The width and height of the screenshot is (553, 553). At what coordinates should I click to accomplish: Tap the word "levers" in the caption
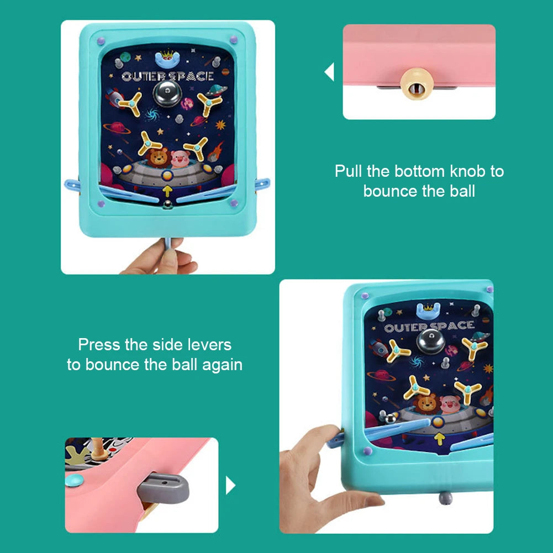[x=209, y=345]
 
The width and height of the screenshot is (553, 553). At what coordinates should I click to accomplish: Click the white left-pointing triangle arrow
[x=329, y=72]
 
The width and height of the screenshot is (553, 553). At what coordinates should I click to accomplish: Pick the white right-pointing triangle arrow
[x=230, y=485]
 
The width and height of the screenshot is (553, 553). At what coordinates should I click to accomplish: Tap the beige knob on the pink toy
[x=417, y=84]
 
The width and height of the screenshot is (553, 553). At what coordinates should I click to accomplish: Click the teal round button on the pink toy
[x=75, y=480]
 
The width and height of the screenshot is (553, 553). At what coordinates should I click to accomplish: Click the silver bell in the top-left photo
[x=167, y=93]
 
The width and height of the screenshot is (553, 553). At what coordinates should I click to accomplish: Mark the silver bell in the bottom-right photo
[x=430, y=341]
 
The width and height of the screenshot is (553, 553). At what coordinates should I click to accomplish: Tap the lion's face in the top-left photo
[x=157, y=157]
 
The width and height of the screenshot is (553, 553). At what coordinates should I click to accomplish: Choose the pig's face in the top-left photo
[x=180, y=159]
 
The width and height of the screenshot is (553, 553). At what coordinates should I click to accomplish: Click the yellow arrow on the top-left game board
[x=167, y=191]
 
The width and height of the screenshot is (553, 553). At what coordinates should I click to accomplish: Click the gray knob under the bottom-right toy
[x=445, y=498]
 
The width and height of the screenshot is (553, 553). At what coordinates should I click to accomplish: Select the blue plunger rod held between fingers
[x=168, y=243]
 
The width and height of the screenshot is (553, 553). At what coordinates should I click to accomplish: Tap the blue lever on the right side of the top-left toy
[x=262, y=184]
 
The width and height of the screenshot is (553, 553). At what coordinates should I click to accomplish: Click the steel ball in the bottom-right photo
[x=390, y=419]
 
